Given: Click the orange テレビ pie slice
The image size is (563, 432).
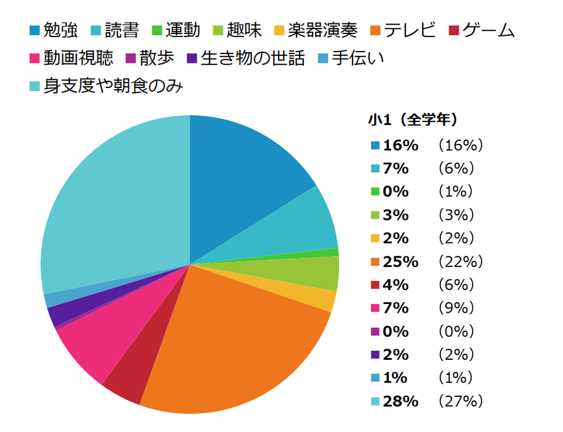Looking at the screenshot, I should coord(235,340).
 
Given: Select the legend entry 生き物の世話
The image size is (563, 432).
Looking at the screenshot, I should coord(252,59).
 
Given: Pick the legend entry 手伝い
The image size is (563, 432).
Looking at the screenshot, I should coord(357,59).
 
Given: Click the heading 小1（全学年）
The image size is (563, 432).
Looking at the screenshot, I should coord(413,120).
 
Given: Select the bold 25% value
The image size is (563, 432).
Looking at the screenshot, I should coord(401,262).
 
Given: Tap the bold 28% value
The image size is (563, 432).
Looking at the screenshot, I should coord(401,401).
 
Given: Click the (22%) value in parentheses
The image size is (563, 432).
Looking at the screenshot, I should coord(460,262).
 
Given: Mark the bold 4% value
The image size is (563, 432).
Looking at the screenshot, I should coord(396,285).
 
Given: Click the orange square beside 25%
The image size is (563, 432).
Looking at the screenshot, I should coord(375,262).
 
